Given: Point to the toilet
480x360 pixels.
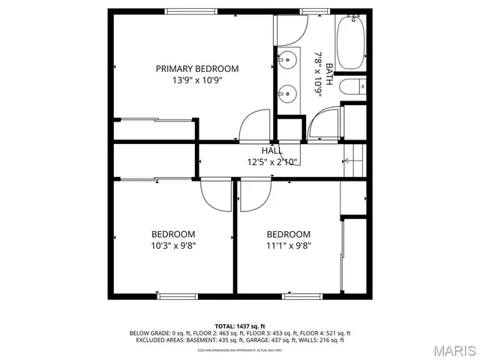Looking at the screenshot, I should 352,88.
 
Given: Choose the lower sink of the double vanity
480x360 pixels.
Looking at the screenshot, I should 286,94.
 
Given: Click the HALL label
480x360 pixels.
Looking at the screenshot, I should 272,151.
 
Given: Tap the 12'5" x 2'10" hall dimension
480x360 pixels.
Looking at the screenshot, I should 272,161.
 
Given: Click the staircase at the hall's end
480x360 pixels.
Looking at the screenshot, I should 353,160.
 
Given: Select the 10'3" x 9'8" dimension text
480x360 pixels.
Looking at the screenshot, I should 173,244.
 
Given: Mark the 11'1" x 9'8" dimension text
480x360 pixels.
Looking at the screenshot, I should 288,244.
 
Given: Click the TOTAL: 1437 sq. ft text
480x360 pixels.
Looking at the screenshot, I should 240,325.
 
